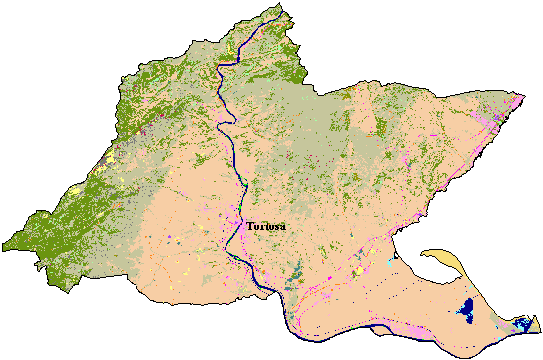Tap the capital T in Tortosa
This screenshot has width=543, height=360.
point(249,227)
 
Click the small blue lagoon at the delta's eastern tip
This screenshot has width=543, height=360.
point(523,324)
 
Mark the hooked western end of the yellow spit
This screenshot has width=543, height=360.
point(424,254)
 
